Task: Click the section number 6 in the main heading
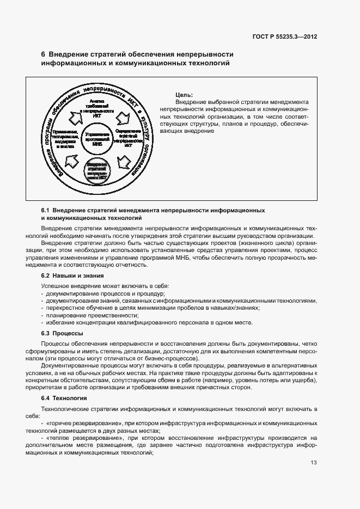[44, 54]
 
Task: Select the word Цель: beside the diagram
[185, 95]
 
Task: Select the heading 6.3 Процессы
[62, 333]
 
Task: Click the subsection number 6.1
[46, 210]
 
